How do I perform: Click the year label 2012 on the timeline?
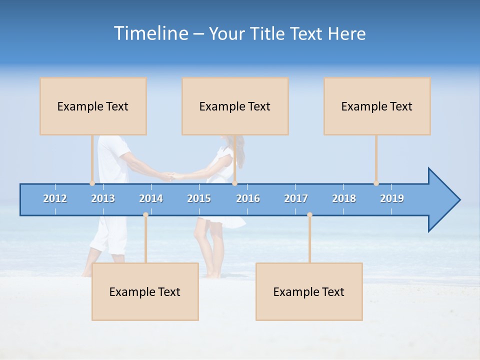[55, 198]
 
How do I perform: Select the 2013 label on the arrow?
[103, 198]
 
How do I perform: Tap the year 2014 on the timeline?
[151, 198]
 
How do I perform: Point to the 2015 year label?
[199, 198]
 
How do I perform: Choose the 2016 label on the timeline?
[248, 198]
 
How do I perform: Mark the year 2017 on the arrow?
[296, 198]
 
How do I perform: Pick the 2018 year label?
[344, 198]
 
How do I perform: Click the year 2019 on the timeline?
[392, 198]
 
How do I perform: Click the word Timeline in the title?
[150, 33]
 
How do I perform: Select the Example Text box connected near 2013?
[93, 106]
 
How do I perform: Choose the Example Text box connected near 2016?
[235, 106]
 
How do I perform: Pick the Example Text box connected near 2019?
[377, 106]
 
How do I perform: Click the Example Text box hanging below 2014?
[145, 291]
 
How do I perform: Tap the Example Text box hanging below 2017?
[309, 291]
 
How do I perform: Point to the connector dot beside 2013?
[92, 183]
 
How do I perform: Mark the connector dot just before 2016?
[234, 183]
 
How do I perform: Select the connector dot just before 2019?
[376, 183]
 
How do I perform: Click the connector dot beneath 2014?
[145, 214]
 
